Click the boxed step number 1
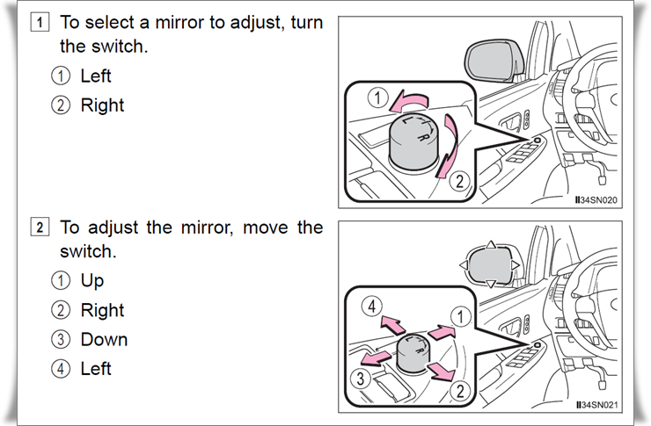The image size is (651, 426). click(x=40, y=22)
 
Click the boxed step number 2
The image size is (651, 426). click(x=40, y=227)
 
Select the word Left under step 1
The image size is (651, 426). click(x=96, y=76)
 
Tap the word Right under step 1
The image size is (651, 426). click(x=102, y=105)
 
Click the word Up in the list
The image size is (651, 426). click(x=92, y=281)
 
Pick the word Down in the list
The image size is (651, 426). click(x=104, y=339)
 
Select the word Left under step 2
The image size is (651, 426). click(x=96, y=368)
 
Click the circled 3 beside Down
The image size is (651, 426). click(x=61, y=339)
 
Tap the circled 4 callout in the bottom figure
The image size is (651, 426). click(x=372, y=307)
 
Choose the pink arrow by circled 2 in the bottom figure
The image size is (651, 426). click(x=443, y=371)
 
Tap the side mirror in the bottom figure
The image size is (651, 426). click(x=490, y=265)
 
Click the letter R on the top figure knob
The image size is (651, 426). click(x=422, y=137)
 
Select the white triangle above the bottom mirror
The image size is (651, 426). click(x=490, y=244)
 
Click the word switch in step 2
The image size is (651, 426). click(x=88, y=251)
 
